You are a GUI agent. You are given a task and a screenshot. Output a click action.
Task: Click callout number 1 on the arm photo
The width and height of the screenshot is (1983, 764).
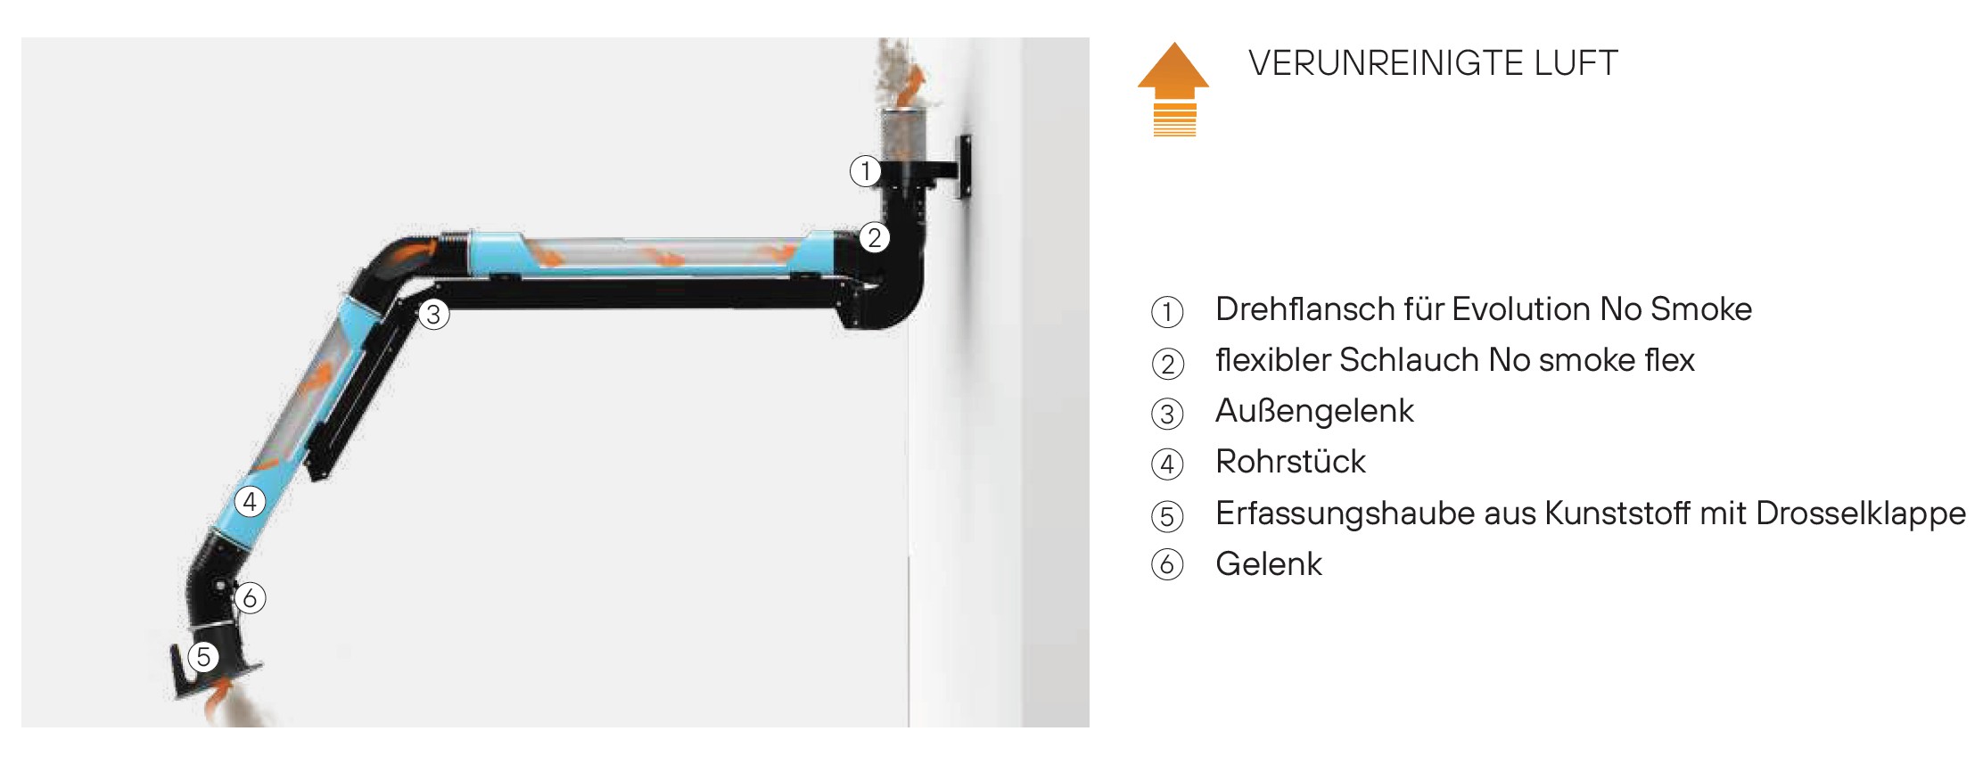click(x=865, y=170)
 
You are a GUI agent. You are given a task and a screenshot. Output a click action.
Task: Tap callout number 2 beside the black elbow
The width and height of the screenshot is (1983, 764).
click(x=875, y=238)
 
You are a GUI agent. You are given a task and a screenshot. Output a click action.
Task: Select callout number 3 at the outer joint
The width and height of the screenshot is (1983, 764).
click(x=433, y=314)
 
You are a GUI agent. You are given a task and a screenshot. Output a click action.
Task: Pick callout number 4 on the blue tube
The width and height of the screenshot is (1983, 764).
click(x=250, y=502)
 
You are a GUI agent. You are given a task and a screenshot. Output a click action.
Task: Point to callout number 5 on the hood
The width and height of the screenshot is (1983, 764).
click(x=203, y=657)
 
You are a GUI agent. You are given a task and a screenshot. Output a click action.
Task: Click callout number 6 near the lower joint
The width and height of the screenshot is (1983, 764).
click(x=250, y=598)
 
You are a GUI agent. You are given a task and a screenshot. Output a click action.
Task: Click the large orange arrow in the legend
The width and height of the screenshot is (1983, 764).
click(x=1174, y=88)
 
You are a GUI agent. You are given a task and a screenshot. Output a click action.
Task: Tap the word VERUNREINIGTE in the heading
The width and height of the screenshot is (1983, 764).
click(x=1386, y=63)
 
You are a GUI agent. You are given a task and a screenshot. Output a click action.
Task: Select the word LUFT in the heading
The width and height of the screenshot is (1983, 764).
click(x=1576, y=63)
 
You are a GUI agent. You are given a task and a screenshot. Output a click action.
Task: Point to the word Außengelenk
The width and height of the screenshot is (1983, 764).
click(x=1314, y=411)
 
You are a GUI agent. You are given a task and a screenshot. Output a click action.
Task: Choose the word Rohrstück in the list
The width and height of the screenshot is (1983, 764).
click(x=1290, y=462)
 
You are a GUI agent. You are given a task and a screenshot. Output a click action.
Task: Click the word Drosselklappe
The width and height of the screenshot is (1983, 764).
click(x=1861, y=513)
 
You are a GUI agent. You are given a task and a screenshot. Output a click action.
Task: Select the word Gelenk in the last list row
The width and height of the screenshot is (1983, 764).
click(x=1269, y=564)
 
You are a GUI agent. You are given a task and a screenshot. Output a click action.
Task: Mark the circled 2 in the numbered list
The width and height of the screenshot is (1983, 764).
click(x=1167, y=364)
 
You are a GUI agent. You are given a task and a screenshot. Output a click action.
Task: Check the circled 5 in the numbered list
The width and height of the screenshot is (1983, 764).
click(x=1167, y=516)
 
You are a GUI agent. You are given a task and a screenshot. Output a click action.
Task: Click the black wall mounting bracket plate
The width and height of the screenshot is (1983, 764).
click(x=963, y=167)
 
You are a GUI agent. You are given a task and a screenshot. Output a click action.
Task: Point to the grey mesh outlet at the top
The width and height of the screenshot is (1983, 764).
click(x=904, y=134)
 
